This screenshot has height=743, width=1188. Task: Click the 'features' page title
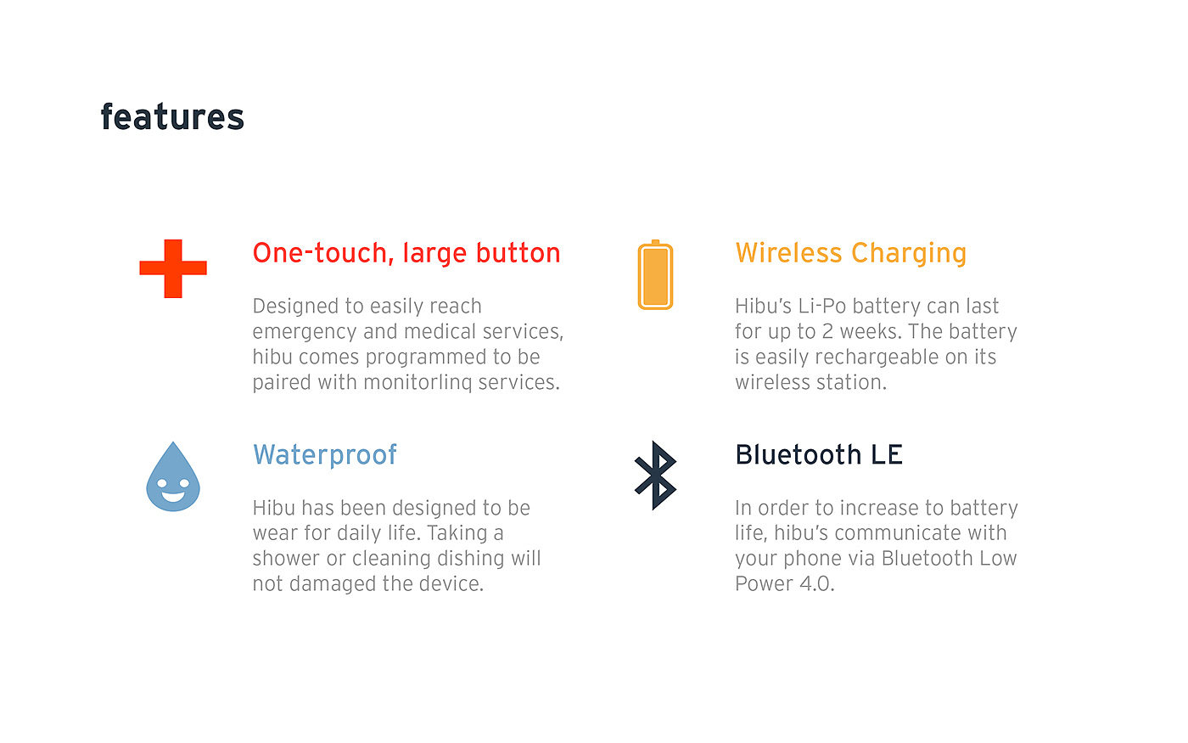172,117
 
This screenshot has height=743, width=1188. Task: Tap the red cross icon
173,268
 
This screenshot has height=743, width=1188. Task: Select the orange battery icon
655,274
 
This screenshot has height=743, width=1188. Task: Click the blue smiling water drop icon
173,476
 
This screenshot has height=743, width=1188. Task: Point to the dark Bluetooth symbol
655,476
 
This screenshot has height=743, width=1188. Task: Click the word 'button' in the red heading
518,253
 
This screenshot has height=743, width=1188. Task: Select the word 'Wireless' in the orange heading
788,253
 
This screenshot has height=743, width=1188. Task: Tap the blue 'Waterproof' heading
324,455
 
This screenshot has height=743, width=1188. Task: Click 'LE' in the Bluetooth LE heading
887,455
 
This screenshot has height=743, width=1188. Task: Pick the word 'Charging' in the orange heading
909,253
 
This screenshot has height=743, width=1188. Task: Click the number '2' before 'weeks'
827,332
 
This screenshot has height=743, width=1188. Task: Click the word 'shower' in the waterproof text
287,559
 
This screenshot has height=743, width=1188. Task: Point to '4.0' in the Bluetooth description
817,584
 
